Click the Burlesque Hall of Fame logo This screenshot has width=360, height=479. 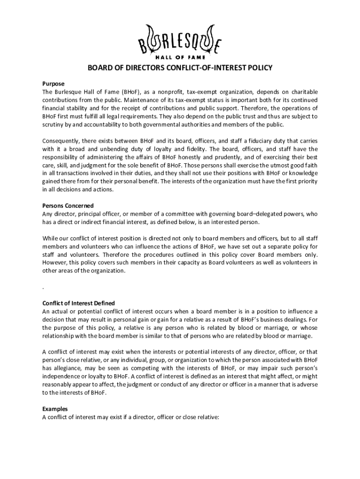[x=180, y=42]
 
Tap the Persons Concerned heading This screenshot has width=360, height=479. [x=68, y=206]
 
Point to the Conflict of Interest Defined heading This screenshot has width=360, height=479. [x=79, y=303]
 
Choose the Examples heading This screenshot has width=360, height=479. [x=55, y=408]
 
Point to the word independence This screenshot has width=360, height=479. [x=63, y=376]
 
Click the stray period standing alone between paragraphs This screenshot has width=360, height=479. [x=43, y=287]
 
